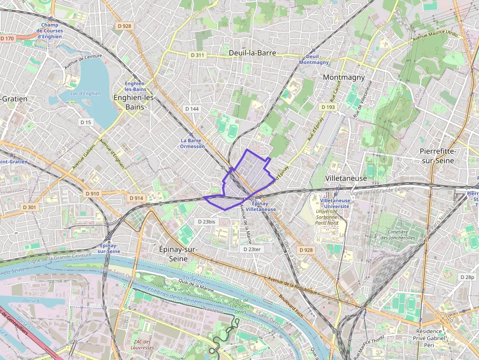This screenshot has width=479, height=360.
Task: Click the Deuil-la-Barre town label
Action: tap(252, 53)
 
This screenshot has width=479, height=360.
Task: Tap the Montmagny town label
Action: tap(344, 77)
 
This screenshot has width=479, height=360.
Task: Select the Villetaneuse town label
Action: tap(346, 178)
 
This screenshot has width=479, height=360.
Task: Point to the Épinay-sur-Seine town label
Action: tap(178, 254)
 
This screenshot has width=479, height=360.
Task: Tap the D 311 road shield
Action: tap(196, 55)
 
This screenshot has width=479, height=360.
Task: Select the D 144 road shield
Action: tap(192, 108)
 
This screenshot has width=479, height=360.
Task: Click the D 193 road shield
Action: tap(328, 107)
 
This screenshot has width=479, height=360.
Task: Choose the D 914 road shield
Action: tap(136, 198)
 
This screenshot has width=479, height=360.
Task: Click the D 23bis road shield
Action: tap(207, 221)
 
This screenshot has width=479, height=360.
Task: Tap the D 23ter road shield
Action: tap(254, 249)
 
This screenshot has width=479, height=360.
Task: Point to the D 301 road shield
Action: tap(29, 207)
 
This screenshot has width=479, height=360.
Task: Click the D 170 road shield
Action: tap(7, 38)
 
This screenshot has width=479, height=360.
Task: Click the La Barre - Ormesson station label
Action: tap(192, 143)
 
